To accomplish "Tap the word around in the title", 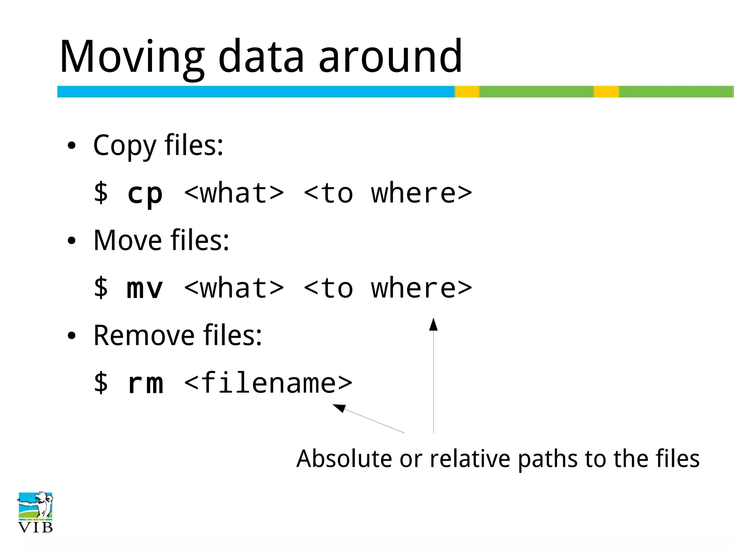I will (x=391, y=57).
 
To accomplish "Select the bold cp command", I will (x=145, y=194).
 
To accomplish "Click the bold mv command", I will (x=145, y=289).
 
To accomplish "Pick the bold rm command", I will (x=145, y=383).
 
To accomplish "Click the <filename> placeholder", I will (x=268, y=383).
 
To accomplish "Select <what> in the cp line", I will (x=234, y=193).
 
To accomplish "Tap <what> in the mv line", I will (x=234, y=288).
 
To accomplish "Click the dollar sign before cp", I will (x=101, y=193).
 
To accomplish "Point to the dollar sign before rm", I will (x=101, y=382).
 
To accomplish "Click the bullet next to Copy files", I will (x=72, y=146).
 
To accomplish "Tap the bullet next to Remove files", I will (x=72, y=336).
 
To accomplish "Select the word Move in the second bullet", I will (x=128, y=240).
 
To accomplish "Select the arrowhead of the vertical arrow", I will (x=433, y=324).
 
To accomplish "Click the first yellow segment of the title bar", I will (x=467, y=92).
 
